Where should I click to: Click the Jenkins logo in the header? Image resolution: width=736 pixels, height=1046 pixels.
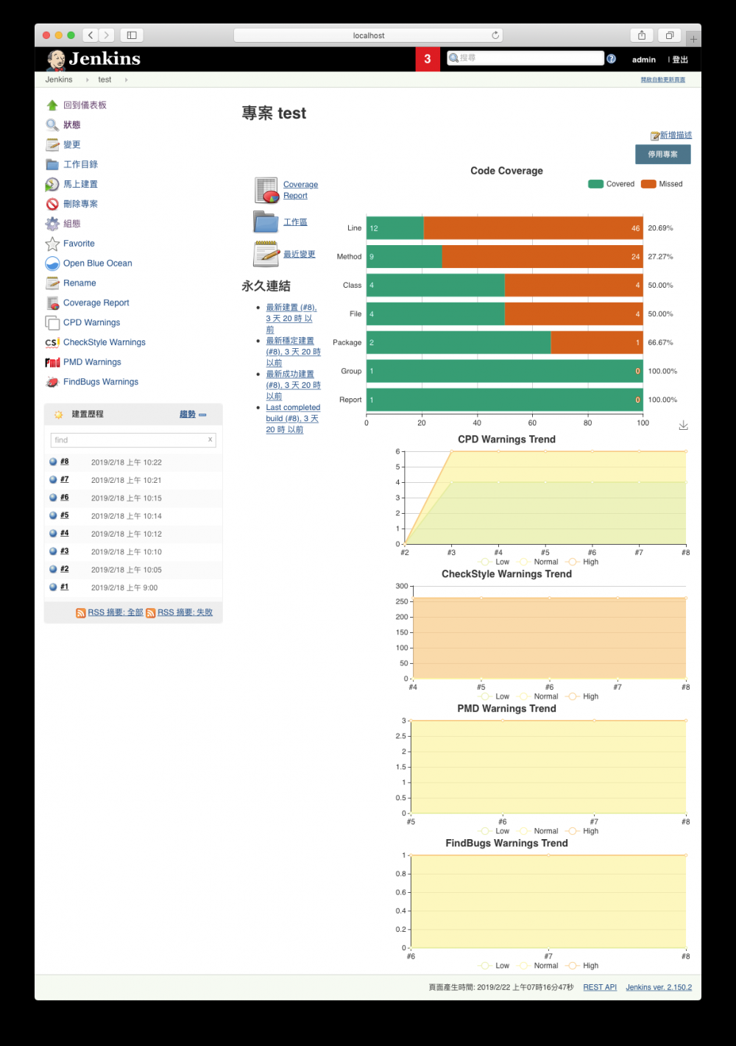(x=93, y=59)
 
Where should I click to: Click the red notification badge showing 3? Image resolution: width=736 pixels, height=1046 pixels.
(x=427, y=59)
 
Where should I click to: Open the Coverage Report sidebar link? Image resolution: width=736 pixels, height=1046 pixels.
(x=96, y=303)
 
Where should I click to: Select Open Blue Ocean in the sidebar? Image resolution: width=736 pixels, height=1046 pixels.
(x=97, y=263)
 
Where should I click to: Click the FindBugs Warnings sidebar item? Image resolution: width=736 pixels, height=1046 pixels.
(x=100, y=381)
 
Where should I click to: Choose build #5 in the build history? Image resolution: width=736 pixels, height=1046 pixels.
(x=65, y=515)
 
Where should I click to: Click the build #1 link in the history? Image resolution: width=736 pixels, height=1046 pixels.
(x=65, y=587)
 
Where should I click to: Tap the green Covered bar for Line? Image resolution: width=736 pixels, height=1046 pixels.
(x=395, y=228)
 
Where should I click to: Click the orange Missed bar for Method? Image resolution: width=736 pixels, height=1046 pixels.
(x=542, y=257)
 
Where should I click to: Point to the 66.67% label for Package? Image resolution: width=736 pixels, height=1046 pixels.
(x=660, y=342)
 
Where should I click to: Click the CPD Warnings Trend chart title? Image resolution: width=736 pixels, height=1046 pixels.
(x=506, y=439)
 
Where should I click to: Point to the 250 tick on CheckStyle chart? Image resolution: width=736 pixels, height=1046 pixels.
(x=401, y=601)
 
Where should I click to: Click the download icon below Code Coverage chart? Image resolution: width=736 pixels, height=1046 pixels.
(x=683, y=425)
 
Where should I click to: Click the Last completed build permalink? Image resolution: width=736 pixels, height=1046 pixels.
(x=293, y=407)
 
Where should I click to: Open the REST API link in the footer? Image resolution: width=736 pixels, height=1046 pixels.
(x=600, y=987)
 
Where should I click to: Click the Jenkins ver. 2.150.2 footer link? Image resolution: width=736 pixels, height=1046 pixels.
(x=659, y=987)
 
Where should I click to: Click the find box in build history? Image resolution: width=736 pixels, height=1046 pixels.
(x=129, y=440)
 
